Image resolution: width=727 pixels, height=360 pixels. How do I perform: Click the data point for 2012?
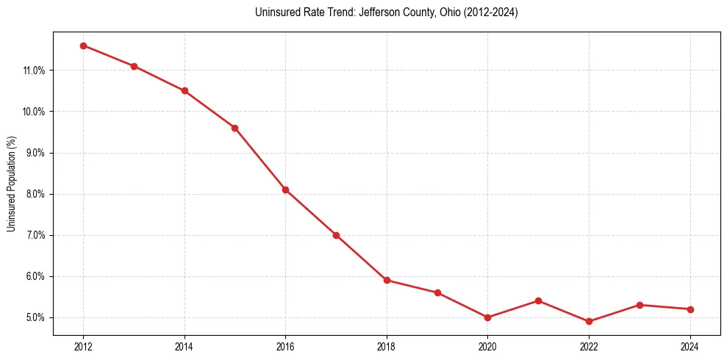(83, 46)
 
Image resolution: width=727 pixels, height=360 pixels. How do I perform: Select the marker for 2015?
(234, 128)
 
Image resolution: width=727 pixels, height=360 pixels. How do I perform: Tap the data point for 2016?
(285, 190)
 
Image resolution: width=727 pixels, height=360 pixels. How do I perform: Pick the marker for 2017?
(336, 235)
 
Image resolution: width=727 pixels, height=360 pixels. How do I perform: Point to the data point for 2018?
(387, 280)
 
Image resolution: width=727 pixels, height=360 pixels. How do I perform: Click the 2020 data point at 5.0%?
(487, 317)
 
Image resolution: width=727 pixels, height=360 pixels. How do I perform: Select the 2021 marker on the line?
(538, 300)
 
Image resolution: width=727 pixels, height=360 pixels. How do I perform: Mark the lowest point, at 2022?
(589, 321)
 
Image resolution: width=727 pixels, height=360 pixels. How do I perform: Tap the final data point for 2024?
(690, 309)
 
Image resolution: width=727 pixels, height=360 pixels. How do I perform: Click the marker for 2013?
(134, 66)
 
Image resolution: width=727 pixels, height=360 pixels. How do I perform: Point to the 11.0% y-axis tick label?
(35, 71)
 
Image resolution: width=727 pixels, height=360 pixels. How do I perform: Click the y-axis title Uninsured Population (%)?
(12, 184)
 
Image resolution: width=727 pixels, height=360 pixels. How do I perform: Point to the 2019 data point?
(437, 292)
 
